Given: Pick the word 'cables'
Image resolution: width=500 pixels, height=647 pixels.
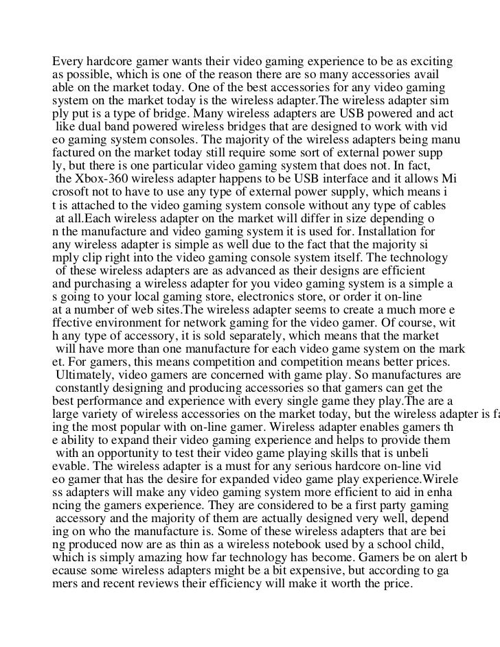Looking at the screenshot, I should [x=428, y=205].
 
